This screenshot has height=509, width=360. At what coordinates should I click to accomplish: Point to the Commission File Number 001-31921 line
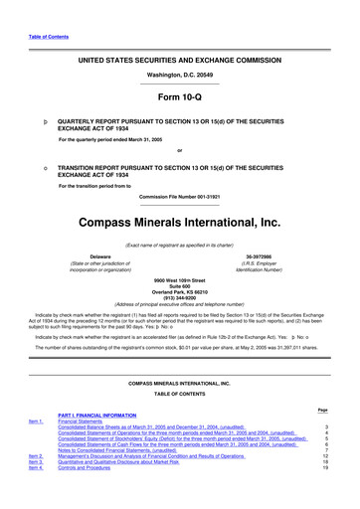[179, 195]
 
